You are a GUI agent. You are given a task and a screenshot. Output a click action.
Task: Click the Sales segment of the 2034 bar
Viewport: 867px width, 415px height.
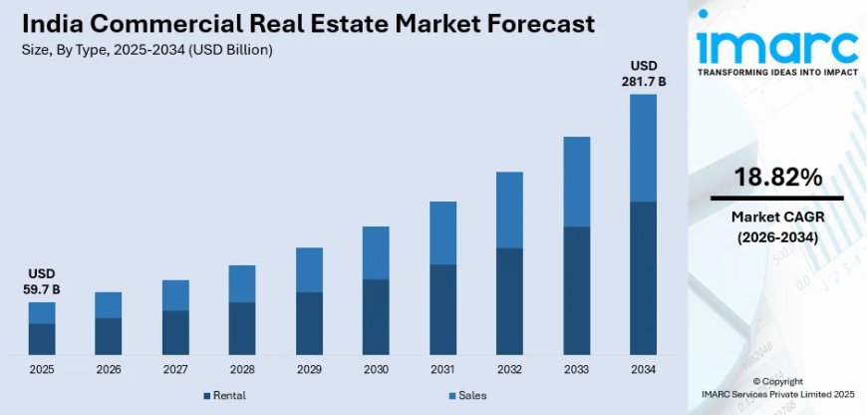(643, 148)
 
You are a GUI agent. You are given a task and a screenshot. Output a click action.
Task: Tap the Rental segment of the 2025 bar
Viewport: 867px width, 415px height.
(42, 338)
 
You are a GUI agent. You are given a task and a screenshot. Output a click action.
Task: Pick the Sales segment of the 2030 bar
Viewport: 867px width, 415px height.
(376, 252)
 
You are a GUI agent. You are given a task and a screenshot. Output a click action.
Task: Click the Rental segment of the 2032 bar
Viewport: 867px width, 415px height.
(509, 300)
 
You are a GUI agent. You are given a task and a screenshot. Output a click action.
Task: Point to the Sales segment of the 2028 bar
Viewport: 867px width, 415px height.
(242, 283)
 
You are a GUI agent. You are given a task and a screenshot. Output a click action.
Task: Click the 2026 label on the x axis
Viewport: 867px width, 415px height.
(109, 370)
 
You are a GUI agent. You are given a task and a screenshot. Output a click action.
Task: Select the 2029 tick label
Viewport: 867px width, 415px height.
(309, 370)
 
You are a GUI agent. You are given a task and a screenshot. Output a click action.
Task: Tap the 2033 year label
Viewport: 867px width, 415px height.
(576, 370)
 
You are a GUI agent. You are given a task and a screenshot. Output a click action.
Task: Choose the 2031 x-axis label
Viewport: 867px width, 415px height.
(442, 370)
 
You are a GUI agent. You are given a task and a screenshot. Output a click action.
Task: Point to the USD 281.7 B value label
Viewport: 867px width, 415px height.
(643, 73)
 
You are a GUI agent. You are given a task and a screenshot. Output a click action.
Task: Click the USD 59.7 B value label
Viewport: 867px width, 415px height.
(42, 281)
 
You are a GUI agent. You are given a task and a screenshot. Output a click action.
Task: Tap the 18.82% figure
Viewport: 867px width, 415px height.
(777, 178)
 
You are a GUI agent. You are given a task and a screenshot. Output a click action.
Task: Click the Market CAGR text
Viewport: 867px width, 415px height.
(777, 217)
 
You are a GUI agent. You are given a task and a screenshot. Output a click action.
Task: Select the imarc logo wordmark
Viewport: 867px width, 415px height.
(776, 45)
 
